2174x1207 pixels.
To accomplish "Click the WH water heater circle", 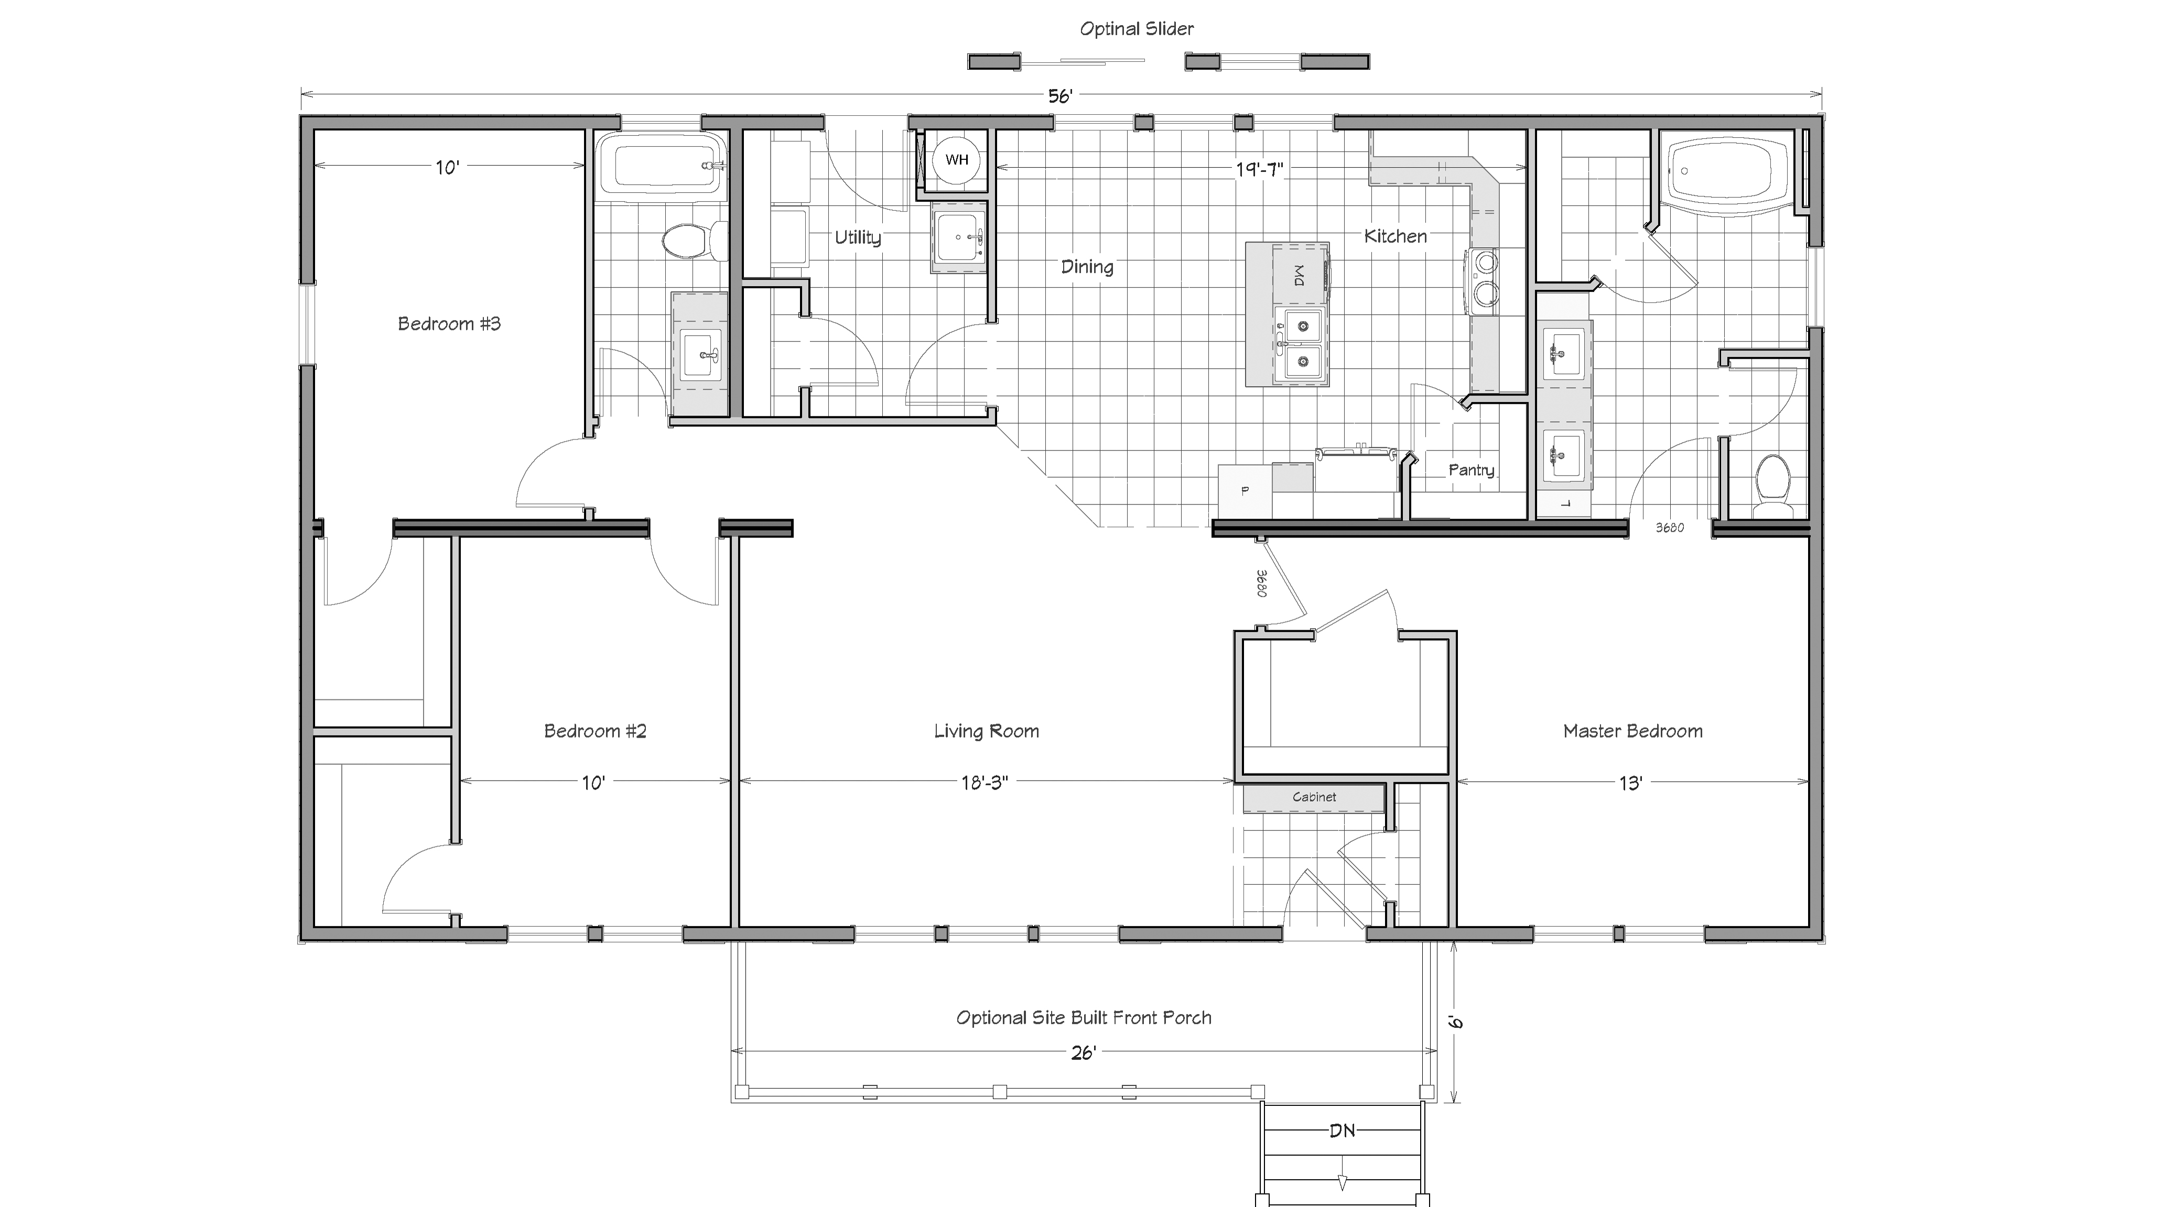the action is [x=957, y=159].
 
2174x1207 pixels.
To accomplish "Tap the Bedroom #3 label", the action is [x=449, y=324].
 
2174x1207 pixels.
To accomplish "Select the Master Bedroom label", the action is [x=1632, y=731].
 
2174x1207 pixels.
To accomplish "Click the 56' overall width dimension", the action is [x=1060, y=96].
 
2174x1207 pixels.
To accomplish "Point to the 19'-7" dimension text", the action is [x=1259, y=169].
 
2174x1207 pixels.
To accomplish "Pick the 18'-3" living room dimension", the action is [x=984, y=783].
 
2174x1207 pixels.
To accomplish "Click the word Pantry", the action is [x=1471, y=470].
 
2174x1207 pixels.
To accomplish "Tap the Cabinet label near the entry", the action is [x=1314, y=797].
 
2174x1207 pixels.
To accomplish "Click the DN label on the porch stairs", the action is [x=1342, y=1130].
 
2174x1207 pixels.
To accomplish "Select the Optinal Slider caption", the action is [x=1137, y=29].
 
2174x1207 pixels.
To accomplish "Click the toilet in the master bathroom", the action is [x=1773, y=485].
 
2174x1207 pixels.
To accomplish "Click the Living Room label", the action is [x=987, y=731].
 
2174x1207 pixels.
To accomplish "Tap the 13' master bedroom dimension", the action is [x=1630, y=784].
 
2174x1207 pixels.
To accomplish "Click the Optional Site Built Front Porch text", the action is [x=1084, y=1018].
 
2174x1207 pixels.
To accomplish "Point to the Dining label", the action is [x=1087, y=267].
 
